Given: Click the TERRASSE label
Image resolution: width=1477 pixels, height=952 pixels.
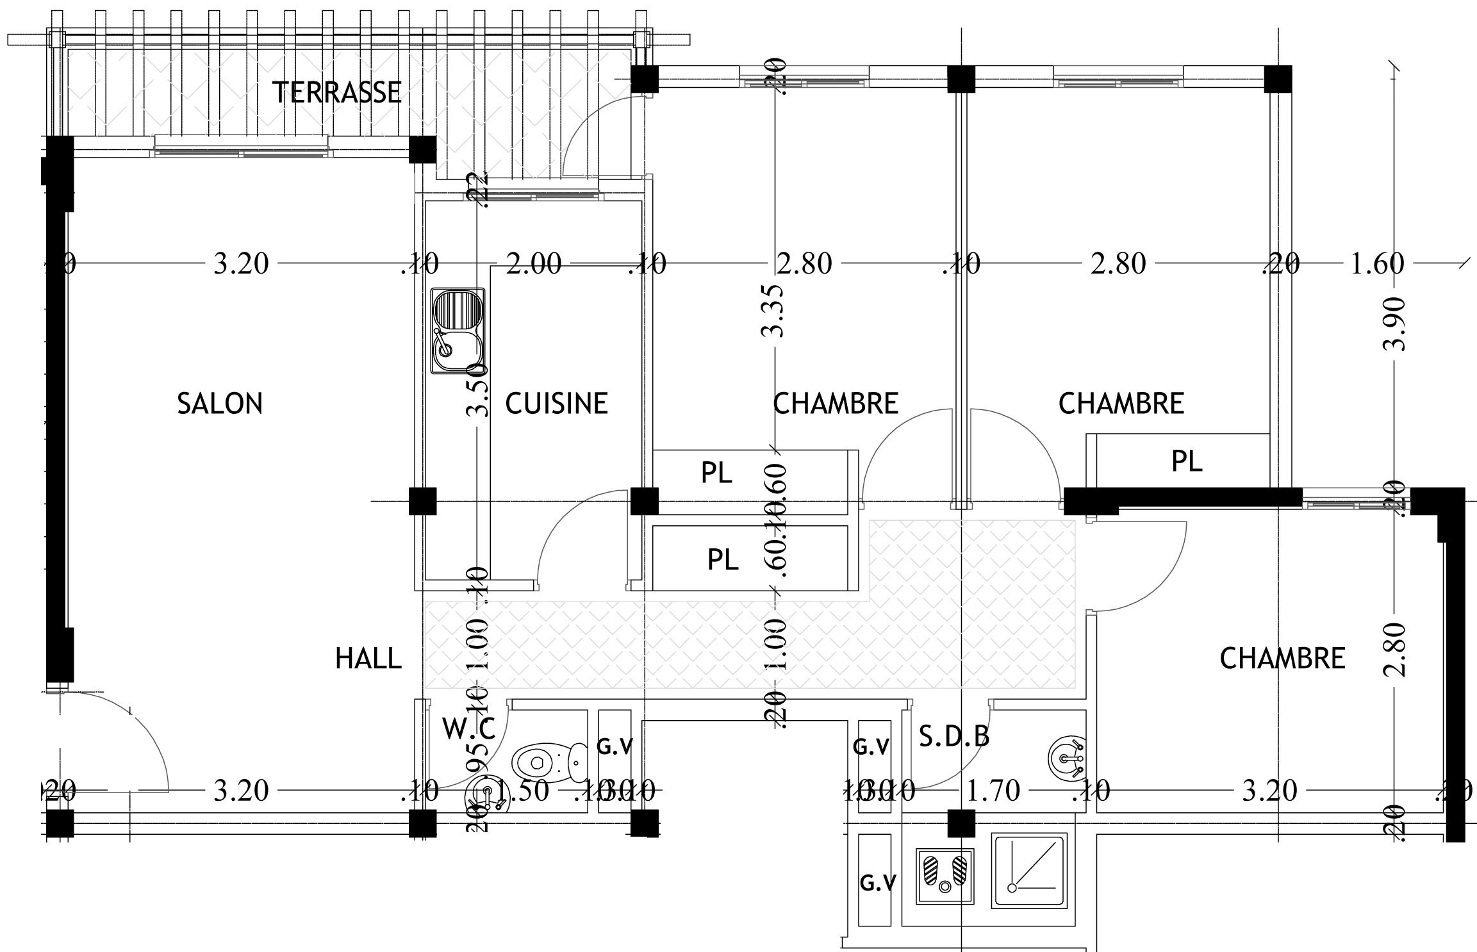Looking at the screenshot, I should click(337, 92).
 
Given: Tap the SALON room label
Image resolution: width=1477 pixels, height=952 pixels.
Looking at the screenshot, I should click(220, 404).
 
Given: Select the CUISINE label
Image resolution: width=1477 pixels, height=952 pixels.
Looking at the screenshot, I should click(556, 404).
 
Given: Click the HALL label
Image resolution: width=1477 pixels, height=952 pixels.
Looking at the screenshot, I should click(368, 659).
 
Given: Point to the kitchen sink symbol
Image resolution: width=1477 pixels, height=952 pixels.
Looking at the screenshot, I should click(458, 331).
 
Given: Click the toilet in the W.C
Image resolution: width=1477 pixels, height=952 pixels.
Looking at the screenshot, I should click(550, 762).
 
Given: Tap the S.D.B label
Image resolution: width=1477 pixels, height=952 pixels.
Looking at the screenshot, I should click(953, 737).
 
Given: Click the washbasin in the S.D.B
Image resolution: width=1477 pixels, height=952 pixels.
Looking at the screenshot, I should click(1066, 759).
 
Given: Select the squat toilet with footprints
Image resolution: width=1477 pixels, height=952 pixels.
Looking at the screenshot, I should click(945, 875).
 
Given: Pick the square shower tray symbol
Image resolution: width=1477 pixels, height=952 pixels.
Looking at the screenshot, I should click(1029, 870).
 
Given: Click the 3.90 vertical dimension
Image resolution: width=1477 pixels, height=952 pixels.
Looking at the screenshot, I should click(1394, 324).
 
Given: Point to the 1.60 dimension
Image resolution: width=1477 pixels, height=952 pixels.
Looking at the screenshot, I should click(1376, 263).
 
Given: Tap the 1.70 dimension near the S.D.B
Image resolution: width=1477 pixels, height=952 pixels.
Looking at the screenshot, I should click(993, 791).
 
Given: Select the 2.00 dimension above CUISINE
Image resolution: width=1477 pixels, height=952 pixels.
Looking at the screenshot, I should click(533, 263).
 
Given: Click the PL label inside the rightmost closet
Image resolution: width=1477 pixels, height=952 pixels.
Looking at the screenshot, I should click(1187, 461).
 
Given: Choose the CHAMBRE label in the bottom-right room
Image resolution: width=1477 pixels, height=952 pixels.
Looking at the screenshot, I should click(1282, 659).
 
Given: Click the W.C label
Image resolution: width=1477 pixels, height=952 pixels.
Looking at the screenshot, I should click(468, 729).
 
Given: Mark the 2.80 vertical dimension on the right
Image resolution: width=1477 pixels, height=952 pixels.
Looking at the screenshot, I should click(1394, 650).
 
